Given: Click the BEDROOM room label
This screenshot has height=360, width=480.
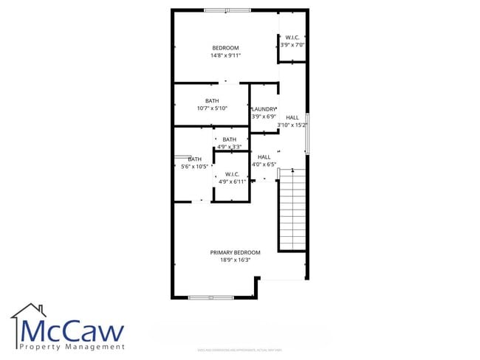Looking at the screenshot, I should pyautogui.click(x=225, y=48).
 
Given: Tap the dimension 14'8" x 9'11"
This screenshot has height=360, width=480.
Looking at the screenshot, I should pyautogui.click(x=225, y=55).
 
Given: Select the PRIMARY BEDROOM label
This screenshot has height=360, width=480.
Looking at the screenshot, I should pyautogui.click(x=235, y=252).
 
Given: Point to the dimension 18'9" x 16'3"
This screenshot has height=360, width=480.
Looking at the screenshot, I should pyautogui.click(x=235, y=260).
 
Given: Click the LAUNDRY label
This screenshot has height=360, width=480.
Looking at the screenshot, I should pyautogui.click(x=264, y=109).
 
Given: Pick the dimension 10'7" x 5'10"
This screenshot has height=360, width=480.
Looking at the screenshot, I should pyautogui.click(x=212, y=108).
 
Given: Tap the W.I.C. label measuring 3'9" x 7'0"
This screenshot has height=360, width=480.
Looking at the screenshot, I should pyautogui.click(x=292, y=38).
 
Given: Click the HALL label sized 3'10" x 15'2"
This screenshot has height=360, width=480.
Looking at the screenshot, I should pyautogui.click(x=292, y=117).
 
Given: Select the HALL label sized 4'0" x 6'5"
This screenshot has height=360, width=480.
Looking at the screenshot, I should pyautogui.click(x=264, y=157).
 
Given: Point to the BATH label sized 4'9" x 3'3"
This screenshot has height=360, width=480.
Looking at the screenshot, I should pyautogui.click(x=229, y=139).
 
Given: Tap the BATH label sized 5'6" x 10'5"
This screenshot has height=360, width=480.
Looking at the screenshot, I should pyautogui.click(x=194, y=159).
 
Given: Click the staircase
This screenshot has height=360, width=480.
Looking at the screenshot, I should pyautogui.click(x=292, y=210).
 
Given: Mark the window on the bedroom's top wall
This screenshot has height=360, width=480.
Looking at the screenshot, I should pyautogui.click(x=227, y=10).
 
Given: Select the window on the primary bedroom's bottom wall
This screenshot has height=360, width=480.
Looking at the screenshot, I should pyautogui.click(x=210, y=297).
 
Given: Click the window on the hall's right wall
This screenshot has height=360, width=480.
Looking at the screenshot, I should pyautogui.click(x=307, y=134).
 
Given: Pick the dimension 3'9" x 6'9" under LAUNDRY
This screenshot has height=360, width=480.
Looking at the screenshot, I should pyautogui.click(x=264, y=117).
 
